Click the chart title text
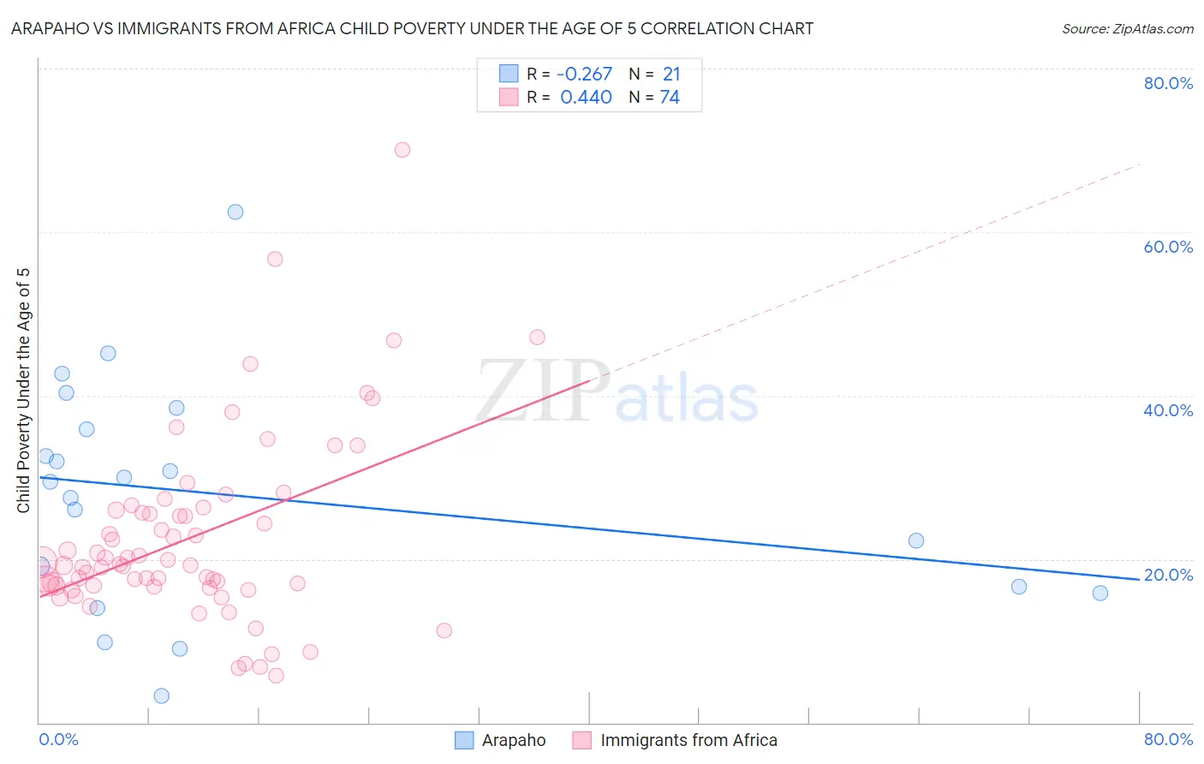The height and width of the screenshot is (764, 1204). coord(412,28)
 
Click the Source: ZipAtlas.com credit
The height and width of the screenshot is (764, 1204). coord(1127,28)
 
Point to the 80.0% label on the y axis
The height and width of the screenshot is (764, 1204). coord(1168,83)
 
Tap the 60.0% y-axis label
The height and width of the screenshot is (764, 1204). coord(1168,247)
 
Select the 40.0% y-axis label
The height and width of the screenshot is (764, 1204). coord(1168,410)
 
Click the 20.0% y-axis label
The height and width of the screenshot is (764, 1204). coord(1168,575)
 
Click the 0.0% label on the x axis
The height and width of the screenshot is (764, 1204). coord(58,739)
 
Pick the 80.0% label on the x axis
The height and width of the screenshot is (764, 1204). coord(1168,739)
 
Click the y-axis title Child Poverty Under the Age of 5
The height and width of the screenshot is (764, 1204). coord(23,391)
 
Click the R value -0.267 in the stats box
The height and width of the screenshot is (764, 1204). coord(584,75)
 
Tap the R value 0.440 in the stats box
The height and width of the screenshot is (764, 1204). coord(586,98)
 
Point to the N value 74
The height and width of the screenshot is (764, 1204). coord(670,98)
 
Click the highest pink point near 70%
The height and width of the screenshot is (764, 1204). coord(402,150)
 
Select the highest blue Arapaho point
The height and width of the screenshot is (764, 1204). coord(235,212)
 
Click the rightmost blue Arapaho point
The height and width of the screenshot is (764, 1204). coord(1100,593)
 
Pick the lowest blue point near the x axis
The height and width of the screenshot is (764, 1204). coord(162,695)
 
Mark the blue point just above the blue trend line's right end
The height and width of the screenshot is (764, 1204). coord(916,540)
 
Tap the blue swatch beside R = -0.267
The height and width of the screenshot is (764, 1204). coord(509,74)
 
